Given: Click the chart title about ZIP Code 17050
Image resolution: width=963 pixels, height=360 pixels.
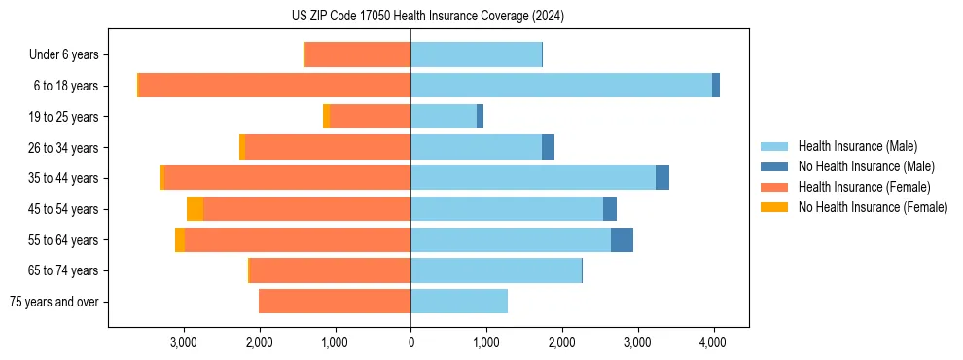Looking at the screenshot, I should (427, 17).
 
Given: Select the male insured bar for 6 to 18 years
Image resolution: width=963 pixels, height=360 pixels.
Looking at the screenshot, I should (560, 86).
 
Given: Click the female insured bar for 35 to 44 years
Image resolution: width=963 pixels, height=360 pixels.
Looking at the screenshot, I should (287, 178).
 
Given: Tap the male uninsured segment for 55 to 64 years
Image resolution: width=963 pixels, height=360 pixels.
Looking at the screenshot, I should (622, 240).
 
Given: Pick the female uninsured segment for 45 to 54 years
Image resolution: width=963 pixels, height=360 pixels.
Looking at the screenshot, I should (195, 209).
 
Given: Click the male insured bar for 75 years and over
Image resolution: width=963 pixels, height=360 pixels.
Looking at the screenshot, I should (459, 302).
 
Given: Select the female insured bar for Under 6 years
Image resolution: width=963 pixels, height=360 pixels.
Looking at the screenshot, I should (358, 54).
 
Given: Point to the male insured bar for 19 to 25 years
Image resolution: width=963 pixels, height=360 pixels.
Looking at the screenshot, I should (444, 117).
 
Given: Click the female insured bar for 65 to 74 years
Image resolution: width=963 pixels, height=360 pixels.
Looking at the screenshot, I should (330, 270).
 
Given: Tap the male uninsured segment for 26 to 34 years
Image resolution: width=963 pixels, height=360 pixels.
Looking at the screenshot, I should (548, 147).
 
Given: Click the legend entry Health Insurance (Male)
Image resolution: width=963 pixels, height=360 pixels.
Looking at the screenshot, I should (857, 146).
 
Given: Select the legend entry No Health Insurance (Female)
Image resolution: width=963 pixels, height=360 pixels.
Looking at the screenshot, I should (873, 207).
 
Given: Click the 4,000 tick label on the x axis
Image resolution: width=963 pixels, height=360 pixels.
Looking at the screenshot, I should (713, 342).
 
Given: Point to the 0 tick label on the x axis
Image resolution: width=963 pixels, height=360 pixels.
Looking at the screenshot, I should (410, 342).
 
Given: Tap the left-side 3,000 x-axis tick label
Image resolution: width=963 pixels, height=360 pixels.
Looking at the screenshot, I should (184, 342).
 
